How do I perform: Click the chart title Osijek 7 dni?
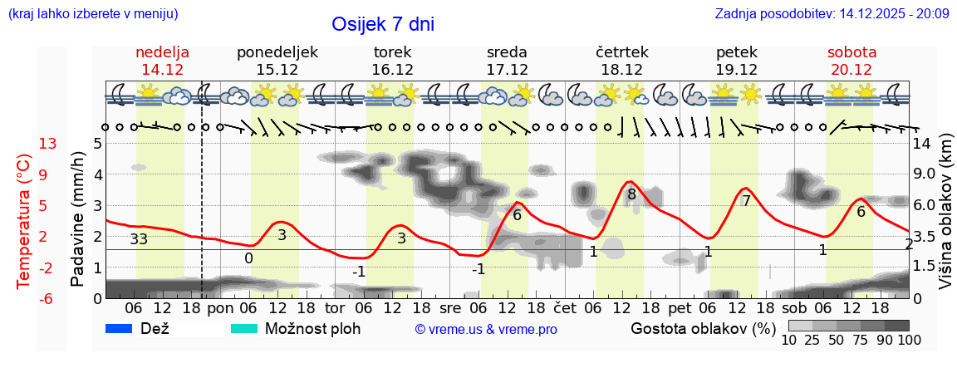382,24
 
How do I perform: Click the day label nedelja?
163,52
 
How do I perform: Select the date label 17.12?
507,70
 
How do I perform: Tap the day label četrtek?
621,52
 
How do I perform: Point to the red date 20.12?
851,70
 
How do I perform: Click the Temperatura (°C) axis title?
24,220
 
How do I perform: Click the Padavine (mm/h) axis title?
78,219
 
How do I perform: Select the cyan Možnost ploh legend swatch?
244,328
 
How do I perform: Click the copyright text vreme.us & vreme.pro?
486,329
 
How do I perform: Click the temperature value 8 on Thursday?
631,195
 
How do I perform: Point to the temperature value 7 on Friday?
746,201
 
